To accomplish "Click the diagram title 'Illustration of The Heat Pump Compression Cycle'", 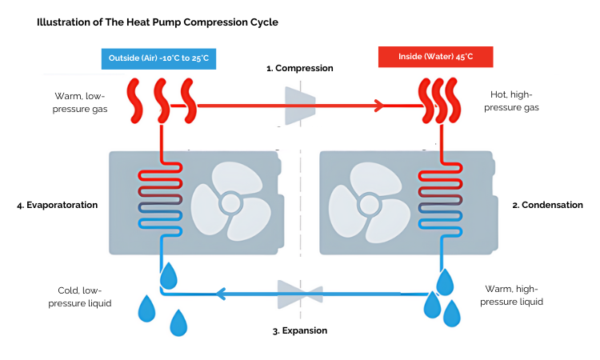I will [x=158, y=22].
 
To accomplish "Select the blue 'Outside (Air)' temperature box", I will [x=158, y=59].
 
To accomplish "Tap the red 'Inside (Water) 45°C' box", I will [x=434, y=57].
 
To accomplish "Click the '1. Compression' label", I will [x=299, y=69].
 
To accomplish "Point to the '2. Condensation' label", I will [x=547, y=205].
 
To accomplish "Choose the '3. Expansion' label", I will [x=299, y=330].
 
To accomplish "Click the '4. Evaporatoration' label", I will [x=57, y=205].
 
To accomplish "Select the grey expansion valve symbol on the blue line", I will [x=299, y=293].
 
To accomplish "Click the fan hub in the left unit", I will [x=231, y=202].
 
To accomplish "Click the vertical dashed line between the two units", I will [x=300, y=204].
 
